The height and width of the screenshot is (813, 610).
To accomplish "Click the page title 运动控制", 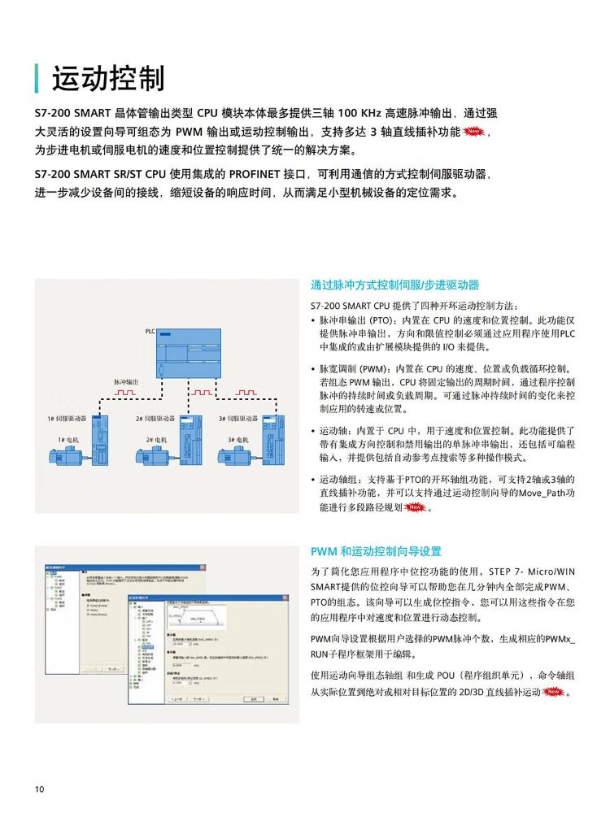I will click(107, 79).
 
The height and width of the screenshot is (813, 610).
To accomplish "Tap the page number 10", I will click(40, 789).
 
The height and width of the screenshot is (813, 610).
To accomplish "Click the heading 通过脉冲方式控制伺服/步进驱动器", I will click(395, 285).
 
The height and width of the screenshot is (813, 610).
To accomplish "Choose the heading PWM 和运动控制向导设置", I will click(376, 550).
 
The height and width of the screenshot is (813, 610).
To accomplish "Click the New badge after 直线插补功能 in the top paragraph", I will click(475, 132).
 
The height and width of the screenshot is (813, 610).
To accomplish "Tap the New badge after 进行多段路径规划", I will click(415, 507).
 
